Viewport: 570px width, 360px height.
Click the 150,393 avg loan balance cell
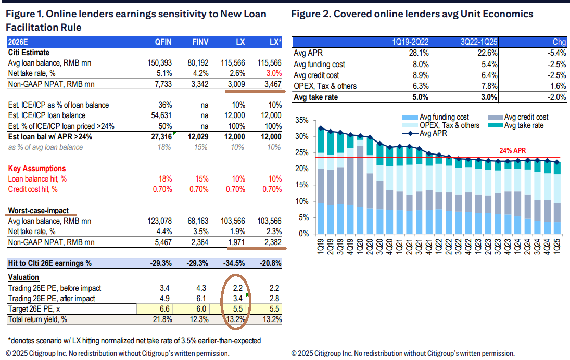pyautogui.click(x=159, y=63)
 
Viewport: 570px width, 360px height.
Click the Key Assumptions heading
pyautogui.click(x=37, y=169)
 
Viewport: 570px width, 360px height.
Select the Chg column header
pyautogui.click(x=558, y=42)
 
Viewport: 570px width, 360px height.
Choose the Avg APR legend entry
pyautogui.click(x=425, y=134)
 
